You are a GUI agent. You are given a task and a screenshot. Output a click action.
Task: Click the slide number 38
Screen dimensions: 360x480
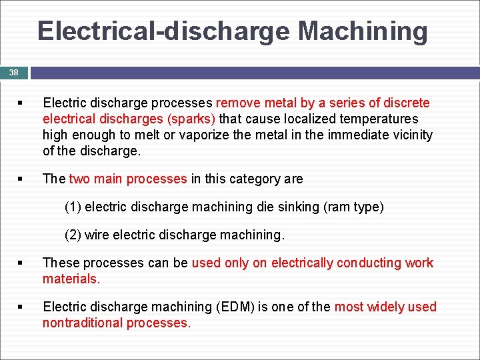pyautogui.click(x=13, y=72)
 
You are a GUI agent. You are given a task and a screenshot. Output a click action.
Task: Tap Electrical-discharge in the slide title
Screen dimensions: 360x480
pyautogui.click(x=164, y=31)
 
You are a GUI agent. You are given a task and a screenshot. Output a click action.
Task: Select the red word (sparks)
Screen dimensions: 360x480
pyautogui.click(x=193, y=119)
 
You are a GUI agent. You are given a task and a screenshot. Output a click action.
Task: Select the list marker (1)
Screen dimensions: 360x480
pyautogui.click(x=73, y=207)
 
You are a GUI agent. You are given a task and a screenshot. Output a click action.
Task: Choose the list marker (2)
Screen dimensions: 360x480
pyautogui.click(x=73, y=235)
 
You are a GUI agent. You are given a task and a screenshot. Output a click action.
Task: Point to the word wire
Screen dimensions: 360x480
pyautogui.click(x=98, y=235)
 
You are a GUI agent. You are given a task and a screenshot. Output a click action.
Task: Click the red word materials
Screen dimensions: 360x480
pyautogui.click(x=71, y=279)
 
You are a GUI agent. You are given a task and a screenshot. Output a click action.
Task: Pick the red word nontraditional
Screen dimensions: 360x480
pyautogui.click(x=81, y=323)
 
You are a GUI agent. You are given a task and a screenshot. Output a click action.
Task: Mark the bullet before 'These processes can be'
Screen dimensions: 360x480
pyautogui.click(x=21, y=263)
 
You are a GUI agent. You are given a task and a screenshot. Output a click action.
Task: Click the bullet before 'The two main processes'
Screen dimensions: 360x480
pyautogui.click(x=21, y=179)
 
